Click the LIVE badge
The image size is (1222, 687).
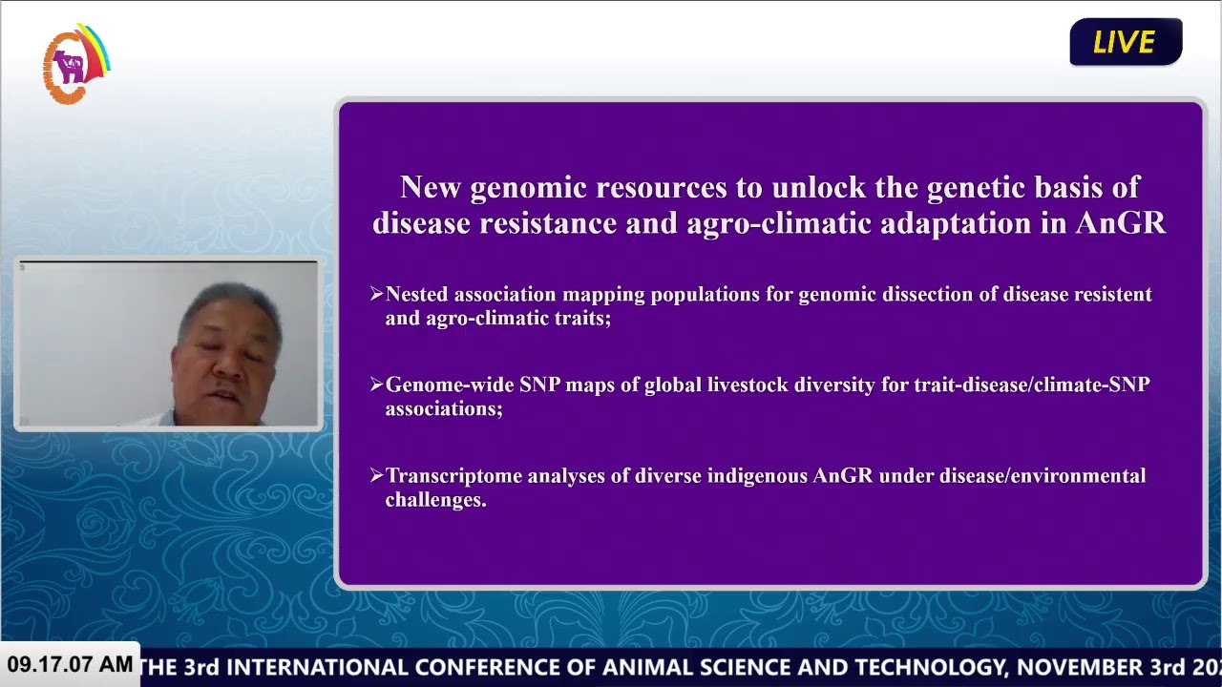1126,42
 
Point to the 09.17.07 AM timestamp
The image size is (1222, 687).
70,664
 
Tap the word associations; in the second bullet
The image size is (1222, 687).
443,409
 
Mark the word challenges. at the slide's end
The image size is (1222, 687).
435,500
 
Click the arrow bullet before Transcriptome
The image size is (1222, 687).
376,475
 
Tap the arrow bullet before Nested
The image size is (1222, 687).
376,294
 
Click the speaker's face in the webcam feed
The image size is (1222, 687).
227,363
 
